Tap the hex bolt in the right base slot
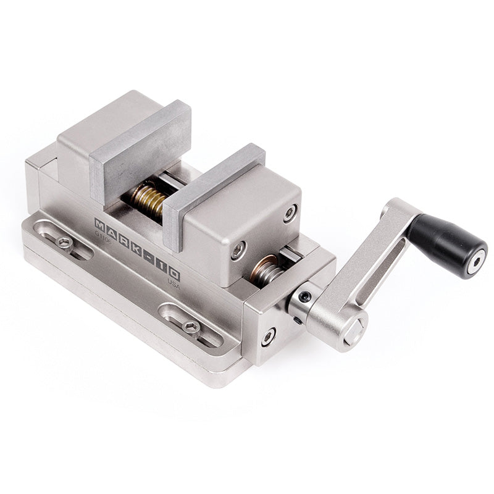click(191, 327)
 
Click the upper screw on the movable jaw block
click(290, 214)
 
